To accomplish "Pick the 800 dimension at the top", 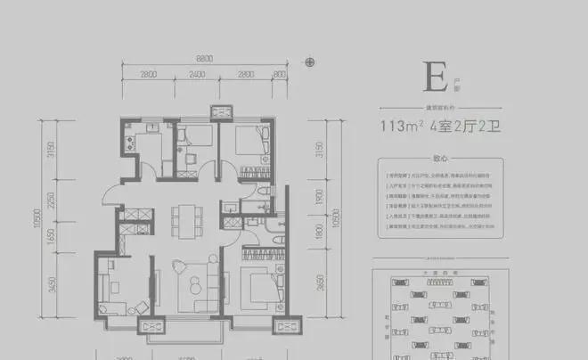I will (281, 74).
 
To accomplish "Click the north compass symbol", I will (310, 62).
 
